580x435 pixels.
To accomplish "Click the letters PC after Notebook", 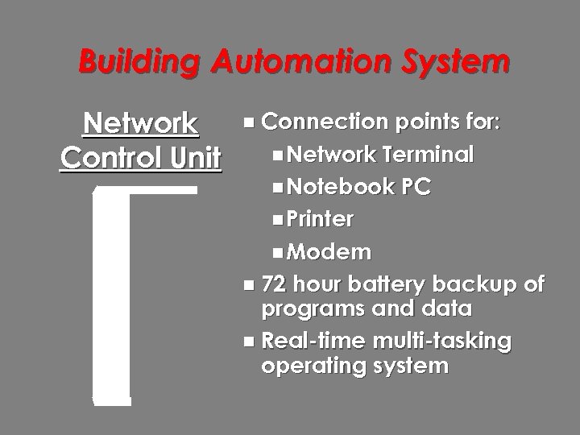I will pyautogui.click(x=416, y=187).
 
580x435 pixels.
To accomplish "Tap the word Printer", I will pyautogui.click(x=320, y=219).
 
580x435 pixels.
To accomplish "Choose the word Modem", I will pyautogui.click(x=329, y=252).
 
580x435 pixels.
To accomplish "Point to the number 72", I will pyautogui.click(x=274, y=284).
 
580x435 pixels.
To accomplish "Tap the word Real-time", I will pyautogui.click(x=313, y=341).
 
